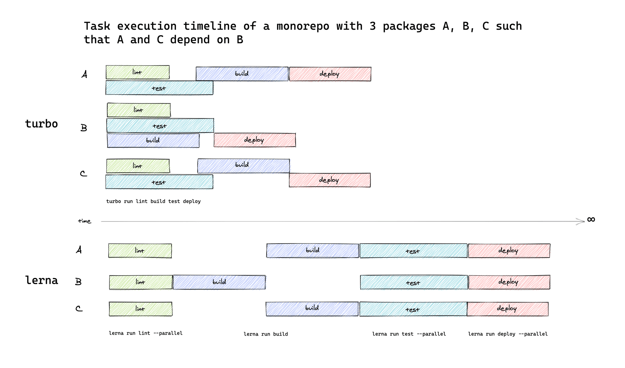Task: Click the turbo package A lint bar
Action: pos(137,72)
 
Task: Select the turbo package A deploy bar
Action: pos(330,74)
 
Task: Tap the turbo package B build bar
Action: pos(153,140)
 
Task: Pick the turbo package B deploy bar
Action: pos(254,140)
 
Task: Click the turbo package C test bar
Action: pos(159,182)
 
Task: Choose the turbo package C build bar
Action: pos(243,166)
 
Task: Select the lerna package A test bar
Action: pos(413,251)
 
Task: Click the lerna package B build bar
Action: pos(219,282)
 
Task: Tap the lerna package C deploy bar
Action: pos(507,309)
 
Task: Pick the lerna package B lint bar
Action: pos(141,282)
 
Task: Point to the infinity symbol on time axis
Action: pos(591,219)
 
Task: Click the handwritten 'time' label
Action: pos(85,221)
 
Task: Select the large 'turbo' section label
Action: pos(42,124)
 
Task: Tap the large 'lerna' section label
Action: pos(42,280)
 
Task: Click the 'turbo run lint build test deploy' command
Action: pos(153,201)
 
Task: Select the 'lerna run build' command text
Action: pos(266,334)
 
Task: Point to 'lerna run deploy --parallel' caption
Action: pos(508,334)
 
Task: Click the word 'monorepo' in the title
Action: pos(303,26)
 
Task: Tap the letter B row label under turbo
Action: pos(84,128)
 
